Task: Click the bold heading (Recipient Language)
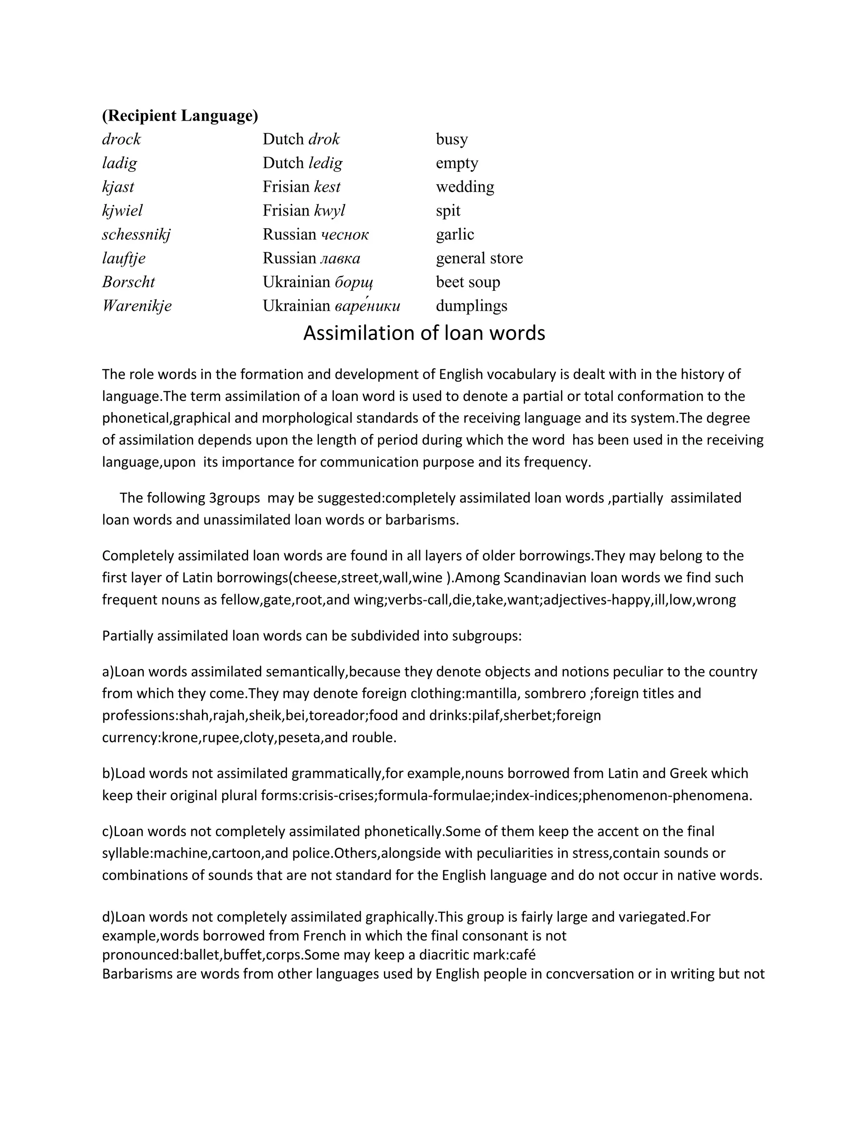(x=180, y=116)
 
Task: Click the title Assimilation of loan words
(x=424, y=333)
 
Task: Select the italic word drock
(x=121, y=139)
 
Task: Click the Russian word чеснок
(x=345, y=235)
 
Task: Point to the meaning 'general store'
(x=479, y=258)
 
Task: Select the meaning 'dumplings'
(x=471, y=306)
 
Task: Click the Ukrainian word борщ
(x=354, y=282)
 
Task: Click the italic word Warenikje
(x=137, y=306)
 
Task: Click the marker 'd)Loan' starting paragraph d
(x=123, y=917)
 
